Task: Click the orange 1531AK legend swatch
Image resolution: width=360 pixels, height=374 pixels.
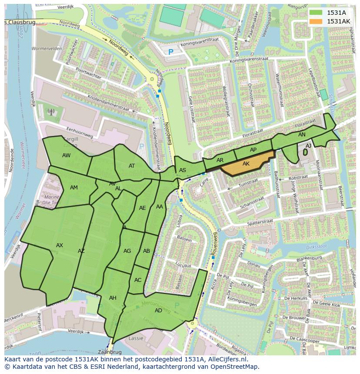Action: [x=316, y=21]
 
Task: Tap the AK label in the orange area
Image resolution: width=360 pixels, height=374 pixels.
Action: [x=246, y=164]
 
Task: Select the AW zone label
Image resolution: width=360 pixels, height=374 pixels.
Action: [x=66, y=156]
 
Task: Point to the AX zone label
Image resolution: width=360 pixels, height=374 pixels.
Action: [x=60, y=245]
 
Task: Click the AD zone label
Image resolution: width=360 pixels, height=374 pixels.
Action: [x=158, y=310]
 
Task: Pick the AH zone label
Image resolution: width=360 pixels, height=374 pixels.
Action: [x=113, y=298]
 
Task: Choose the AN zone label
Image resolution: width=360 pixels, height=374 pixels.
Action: [x=302, y=135]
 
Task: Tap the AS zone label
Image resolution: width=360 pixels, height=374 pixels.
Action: [x=183, y=170]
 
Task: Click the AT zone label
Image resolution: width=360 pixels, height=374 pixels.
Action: [x=132, y=165]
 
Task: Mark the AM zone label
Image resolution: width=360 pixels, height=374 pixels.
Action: [x=74, y=187]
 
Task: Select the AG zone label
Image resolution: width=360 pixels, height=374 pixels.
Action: [x=127, y=251]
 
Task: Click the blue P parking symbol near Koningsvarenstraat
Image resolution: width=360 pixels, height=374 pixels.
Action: [x=171, y=52]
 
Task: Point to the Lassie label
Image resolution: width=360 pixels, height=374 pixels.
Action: [x=136, y=338]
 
